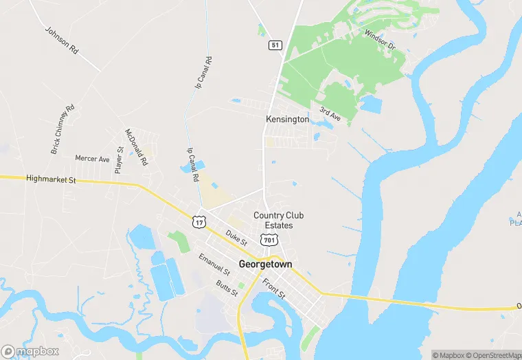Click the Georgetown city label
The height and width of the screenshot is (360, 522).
click(x=265, y=264)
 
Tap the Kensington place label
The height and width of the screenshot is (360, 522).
click(x=287, y=120)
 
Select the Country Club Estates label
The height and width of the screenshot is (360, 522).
click(x=278, y=221)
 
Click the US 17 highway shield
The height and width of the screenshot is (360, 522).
click(x=199, y=221)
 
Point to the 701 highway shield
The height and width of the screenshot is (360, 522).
click(x=269, y=239)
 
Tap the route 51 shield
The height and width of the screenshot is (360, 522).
click(x=275, y=45)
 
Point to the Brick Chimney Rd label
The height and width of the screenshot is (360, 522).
click(x=62, y=129)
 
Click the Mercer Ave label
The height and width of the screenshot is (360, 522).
click(x=92, y=159)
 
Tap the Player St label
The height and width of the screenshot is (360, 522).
click(x=119, y=159)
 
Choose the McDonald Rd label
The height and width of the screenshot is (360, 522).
click(x=137, y=148)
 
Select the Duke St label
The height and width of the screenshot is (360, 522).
click(x=236, y=238)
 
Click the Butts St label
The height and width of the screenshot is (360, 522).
click(x=226, y=289)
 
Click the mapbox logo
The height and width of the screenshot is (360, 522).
click(x=30, y=351)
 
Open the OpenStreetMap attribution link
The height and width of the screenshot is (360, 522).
click(x=494, y=355)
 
